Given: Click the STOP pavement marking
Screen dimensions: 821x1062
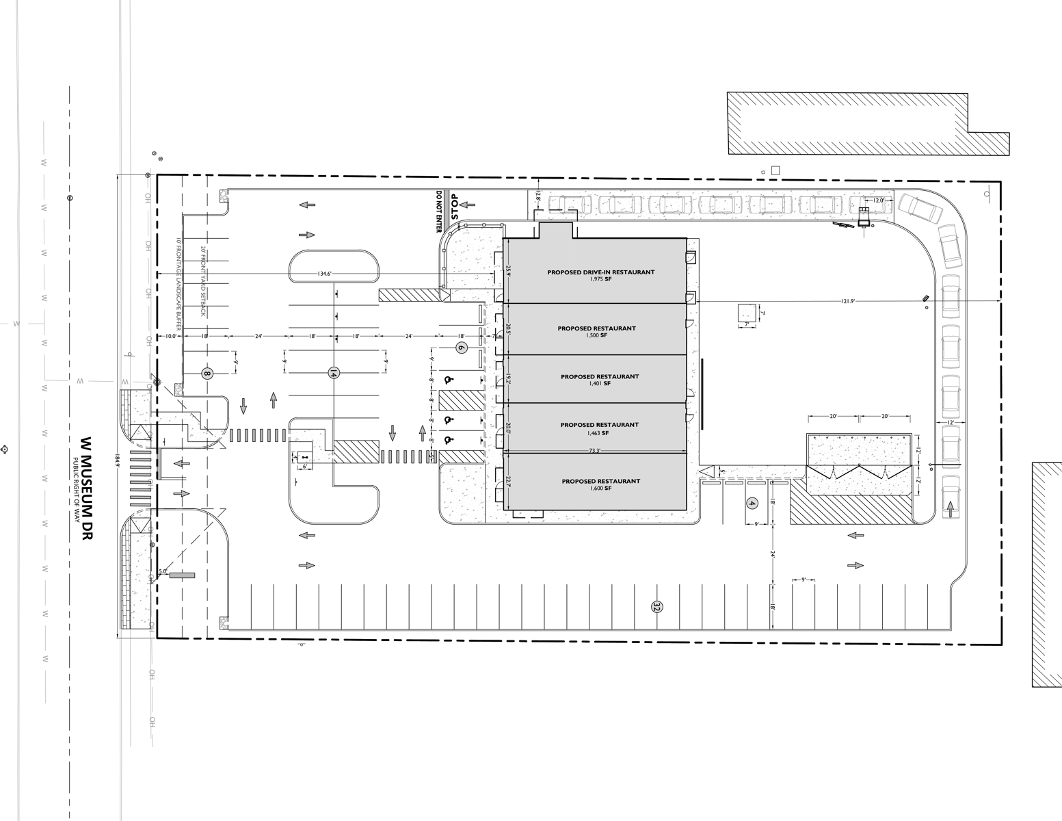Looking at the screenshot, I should click(453, 206).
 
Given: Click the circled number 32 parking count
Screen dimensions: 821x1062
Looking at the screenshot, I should click(657, 607).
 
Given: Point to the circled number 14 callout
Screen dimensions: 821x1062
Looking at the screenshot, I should click(334, 374).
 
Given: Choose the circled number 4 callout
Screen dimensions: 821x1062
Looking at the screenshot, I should click(752, 504).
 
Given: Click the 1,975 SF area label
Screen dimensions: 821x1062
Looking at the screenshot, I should click(600, 279).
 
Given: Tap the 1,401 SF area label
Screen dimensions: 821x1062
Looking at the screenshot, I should click(599, 384).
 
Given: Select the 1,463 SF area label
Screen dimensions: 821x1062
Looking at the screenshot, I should click(599, 433).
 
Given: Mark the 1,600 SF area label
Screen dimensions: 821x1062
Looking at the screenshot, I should click(600, 488).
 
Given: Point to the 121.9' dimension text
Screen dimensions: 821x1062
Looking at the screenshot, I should click(851, 301).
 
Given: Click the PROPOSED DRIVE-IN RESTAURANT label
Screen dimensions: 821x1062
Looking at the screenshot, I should click(600, 272).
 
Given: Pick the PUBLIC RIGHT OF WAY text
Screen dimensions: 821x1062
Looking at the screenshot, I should click(76, 491).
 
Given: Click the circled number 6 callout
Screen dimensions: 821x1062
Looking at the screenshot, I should click(461, 348).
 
